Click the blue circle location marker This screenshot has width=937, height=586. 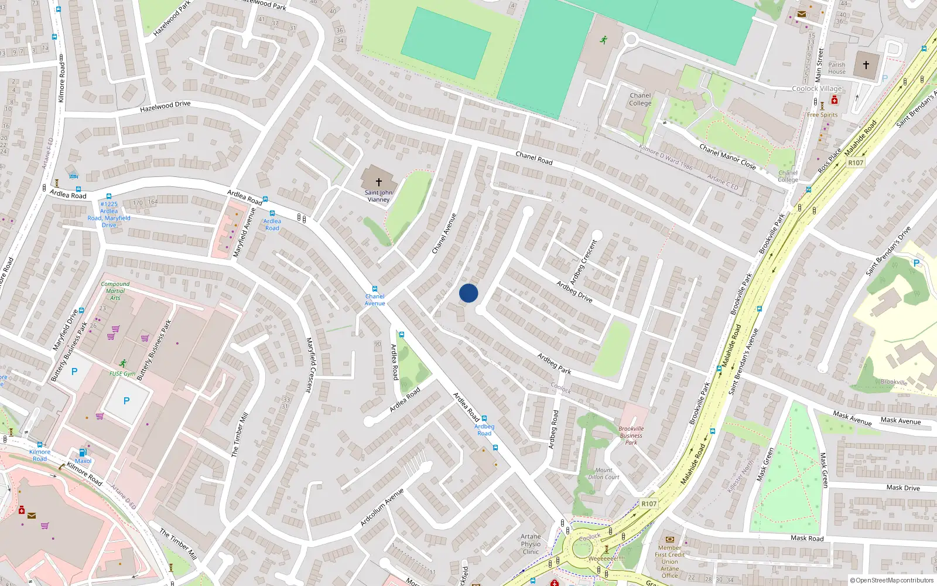(468, 293)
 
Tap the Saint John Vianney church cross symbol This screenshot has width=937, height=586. (378, 182)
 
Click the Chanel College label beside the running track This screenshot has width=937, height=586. (640, 99)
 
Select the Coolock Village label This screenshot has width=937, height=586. (816, 88)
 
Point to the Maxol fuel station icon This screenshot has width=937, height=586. (83, 452)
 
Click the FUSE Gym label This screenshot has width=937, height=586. (122, 373)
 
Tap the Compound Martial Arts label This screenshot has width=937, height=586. (115, 291)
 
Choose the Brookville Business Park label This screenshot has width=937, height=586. (631, 435)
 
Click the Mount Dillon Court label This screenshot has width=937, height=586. (604, 473)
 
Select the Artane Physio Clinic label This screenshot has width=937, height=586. (531, 544)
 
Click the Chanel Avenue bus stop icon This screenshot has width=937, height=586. (375, 289)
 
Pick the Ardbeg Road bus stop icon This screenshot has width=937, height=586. (484, 418)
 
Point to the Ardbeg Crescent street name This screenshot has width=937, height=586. (584, 262)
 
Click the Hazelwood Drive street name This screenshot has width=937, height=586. (165, 106)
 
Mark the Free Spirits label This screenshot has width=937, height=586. (822, 115)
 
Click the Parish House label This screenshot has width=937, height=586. (837, 68)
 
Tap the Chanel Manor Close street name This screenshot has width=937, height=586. (727, 156)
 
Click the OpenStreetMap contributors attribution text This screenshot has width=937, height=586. (891, 581)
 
